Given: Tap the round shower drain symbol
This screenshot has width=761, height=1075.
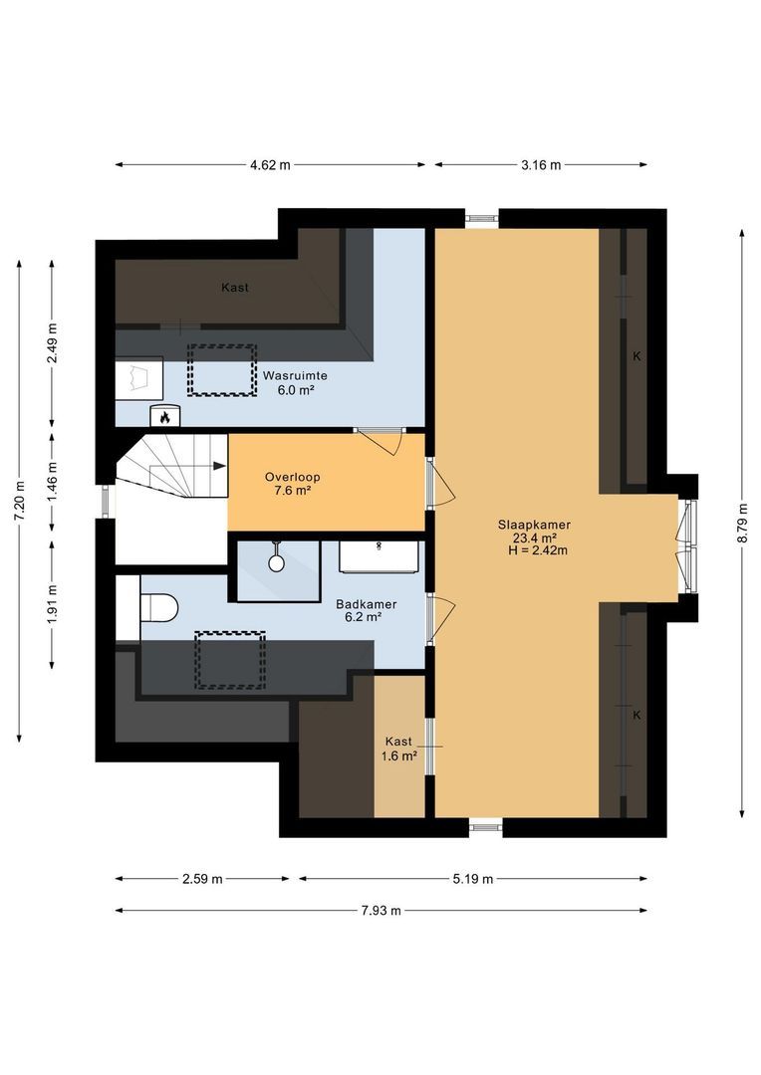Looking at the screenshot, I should pyautogui.click(x=277, y=562).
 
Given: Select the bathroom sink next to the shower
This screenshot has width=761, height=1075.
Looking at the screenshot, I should pyautogui.click(x=378, y=557).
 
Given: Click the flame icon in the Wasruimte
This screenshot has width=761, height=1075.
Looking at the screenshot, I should pyautogui.click(x=162, y=417).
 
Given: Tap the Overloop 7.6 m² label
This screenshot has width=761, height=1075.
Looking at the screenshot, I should pyautogui.click(x=292, y=483).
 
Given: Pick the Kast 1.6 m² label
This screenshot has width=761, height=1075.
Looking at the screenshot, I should pyautogui.click(x=399, y=749).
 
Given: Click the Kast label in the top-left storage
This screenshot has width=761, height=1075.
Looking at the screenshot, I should pyautogui.click(x=235, y=288).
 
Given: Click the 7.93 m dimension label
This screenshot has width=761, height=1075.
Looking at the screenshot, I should pyautogui.click(x=380, y=910).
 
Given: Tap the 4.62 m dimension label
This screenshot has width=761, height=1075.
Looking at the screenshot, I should pyautogui.click(x=270, y=165).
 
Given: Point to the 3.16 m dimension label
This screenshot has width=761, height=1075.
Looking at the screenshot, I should pyautogui.click(x=541, y=165).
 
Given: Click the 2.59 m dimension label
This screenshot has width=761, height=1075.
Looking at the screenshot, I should pyautogui.click(x=202, y=879).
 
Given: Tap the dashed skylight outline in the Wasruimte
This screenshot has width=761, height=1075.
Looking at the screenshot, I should pyautogui.click(x=222, y=370).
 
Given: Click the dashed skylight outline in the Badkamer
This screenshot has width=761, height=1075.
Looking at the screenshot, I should pyautogui.click(x=234, y=660).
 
